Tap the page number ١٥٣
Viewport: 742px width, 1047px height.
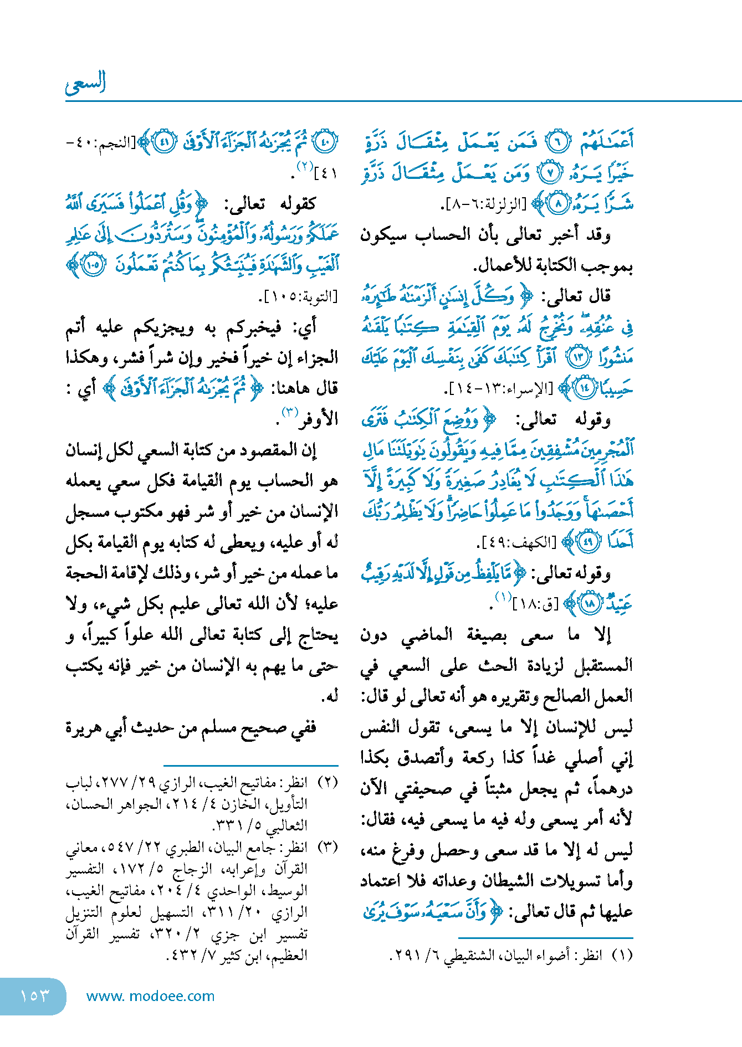click(34, 995)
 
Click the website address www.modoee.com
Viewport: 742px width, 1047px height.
click(150, 996)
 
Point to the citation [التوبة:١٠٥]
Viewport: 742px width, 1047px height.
click(300, 296)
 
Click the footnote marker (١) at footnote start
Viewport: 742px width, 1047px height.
click(623, 956)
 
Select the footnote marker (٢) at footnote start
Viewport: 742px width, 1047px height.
click(329, 782)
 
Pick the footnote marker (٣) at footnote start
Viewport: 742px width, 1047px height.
click(329, 847)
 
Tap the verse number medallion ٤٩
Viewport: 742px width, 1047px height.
click(588, 541)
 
